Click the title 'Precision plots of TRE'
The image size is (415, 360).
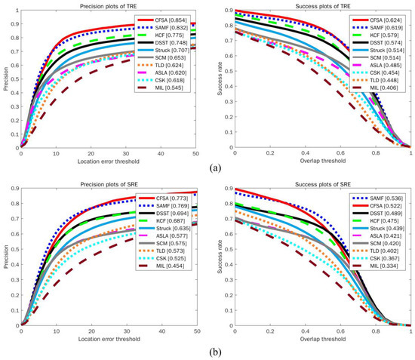tap(109, 6)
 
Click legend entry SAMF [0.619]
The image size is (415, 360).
tap(384, 26)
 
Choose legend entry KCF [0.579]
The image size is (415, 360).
tap(383, 35)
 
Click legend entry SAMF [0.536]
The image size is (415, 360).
tap(384, 195)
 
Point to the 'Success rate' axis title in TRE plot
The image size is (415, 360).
tap(221, 80)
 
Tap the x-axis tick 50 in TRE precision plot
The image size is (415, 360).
tap(196, 154)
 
